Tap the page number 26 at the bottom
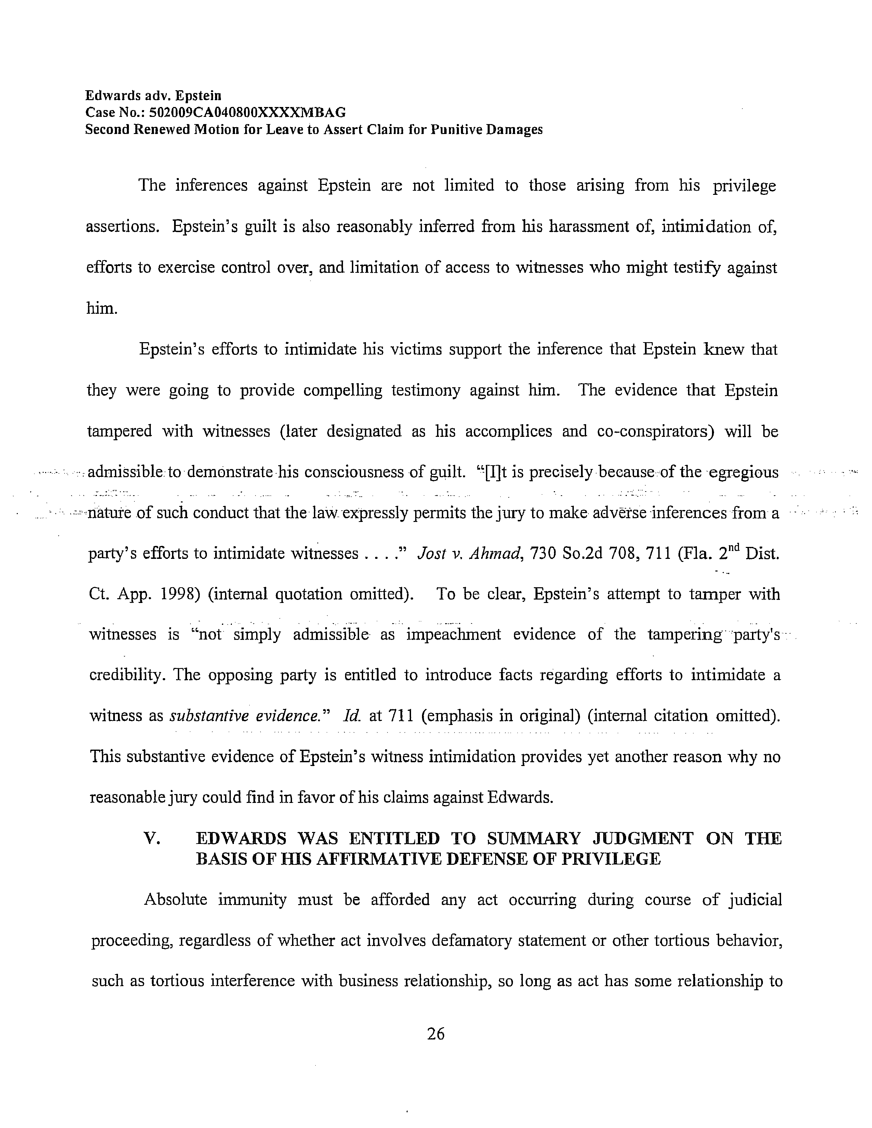[x=435, y=1033]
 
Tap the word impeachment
[x=453, y=634]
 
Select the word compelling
[x=343, y=390]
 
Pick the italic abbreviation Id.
[x=351, y=716]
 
